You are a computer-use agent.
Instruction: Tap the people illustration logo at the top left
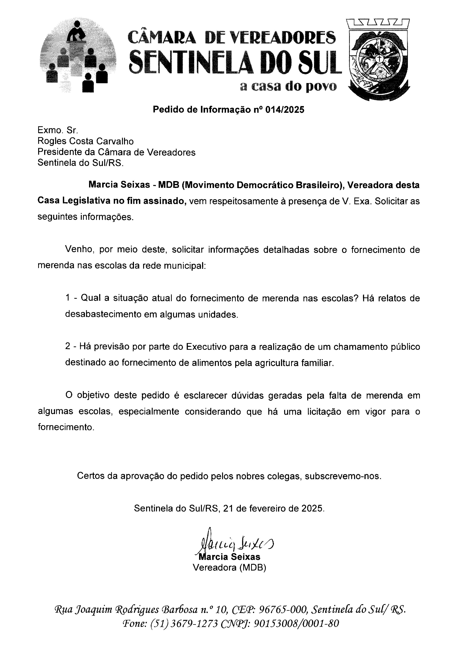pyautogui.click(x=78, y=56)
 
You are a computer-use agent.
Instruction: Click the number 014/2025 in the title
pyautogui.click(x=285, y=110)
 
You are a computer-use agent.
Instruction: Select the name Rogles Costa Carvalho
pyautogui.click(x=86, y=141)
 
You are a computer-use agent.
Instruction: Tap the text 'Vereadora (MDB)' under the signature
pyautogui.click(x=229, y=567)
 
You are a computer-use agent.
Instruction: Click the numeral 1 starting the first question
pyautogui.click(x=68, y=298)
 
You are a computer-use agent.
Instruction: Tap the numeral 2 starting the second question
pyautogui.click(x=68, y=347)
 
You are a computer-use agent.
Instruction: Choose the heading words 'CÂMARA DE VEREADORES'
pyautogui.click(x=231, y=38)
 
